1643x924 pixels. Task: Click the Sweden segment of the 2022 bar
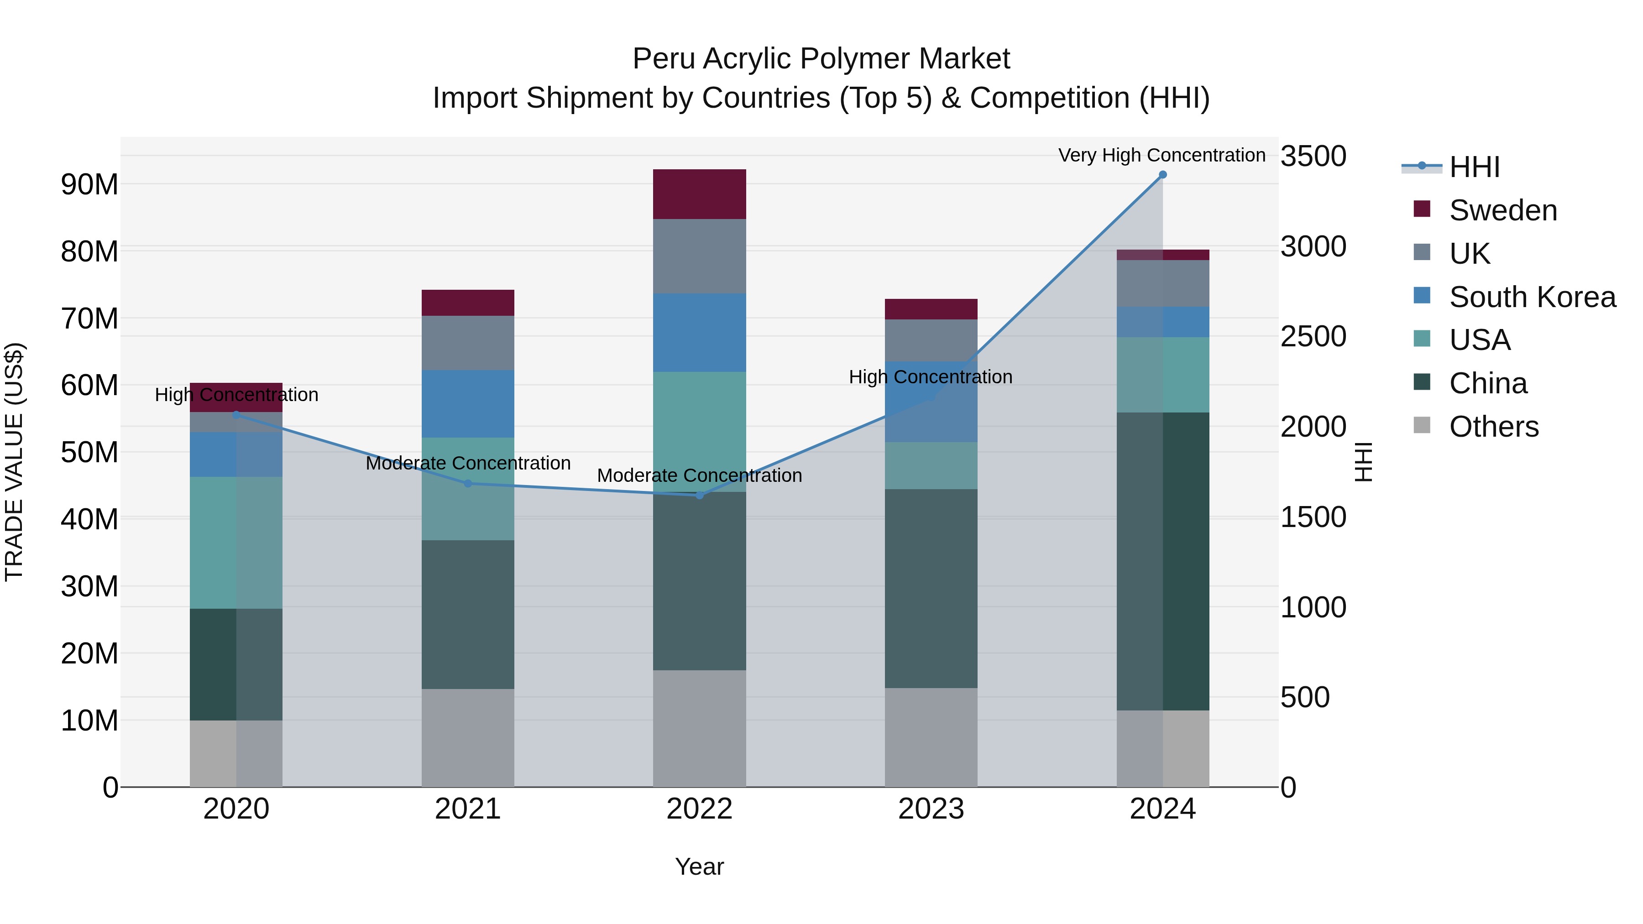coord(699,194)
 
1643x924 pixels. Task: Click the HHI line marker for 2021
coord(467,483)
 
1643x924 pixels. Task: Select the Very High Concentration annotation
coord(1162,155)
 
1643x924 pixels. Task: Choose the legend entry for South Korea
coord(1532,297)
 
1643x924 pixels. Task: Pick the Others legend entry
coord(1493,426)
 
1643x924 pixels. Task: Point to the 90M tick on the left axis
coord(89,184)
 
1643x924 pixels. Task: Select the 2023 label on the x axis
coord(931,809)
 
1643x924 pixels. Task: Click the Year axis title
coord(699,867)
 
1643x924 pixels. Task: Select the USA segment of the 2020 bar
coord(236,542)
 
